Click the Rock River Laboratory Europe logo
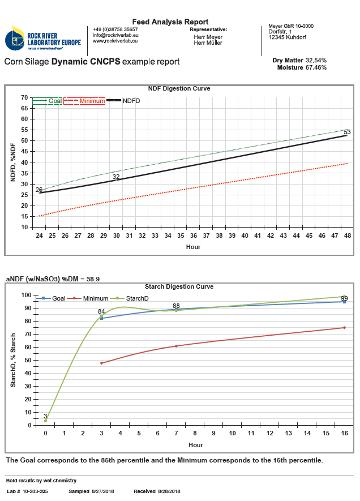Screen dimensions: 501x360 point(43,38)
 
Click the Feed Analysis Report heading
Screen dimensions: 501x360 point(170,22)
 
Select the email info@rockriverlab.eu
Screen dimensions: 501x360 point(115,35)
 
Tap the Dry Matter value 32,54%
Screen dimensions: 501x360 point(316,60)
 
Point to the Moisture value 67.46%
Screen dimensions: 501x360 point(316,67)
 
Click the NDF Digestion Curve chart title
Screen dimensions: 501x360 point(179,89)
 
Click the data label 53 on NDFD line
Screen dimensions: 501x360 point(347,132)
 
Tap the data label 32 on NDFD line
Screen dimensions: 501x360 point(116,177)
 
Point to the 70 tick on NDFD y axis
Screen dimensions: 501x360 point(24,98)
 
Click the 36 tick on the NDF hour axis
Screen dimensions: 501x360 point(194,235)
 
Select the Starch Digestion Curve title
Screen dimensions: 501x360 point(179,286)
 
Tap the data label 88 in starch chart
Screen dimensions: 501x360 point(176,306)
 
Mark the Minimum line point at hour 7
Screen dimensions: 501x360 point(176,346)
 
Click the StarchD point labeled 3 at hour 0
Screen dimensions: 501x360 point(45,421)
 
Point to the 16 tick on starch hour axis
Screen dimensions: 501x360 point(344,434)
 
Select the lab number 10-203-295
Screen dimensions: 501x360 point(36,491)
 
